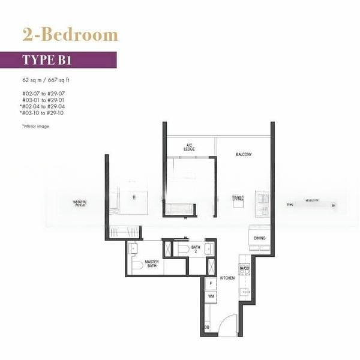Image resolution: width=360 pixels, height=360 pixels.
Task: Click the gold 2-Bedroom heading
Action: click(x=70, y=35)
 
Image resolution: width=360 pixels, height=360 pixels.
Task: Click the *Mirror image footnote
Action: click(x=35, y=127)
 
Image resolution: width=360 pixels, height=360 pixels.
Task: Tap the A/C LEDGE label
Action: click(x=189, y=148)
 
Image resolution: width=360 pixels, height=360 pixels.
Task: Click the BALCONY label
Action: click(x=243, y=155)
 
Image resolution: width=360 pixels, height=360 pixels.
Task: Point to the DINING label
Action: click(x=259, y=238)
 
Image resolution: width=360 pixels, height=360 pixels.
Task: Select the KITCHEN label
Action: click(x=227, y=278)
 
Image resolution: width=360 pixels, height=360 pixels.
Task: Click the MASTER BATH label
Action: click(x=151, y=264)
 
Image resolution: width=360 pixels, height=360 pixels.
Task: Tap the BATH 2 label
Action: click(x=196, y=250)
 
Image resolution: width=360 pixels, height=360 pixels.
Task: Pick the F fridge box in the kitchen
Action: click(x=211, y=283)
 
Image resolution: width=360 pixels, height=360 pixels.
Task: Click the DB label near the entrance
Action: click(x=207, y=326)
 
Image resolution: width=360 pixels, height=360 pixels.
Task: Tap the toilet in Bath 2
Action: click(x=183, y=249)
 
